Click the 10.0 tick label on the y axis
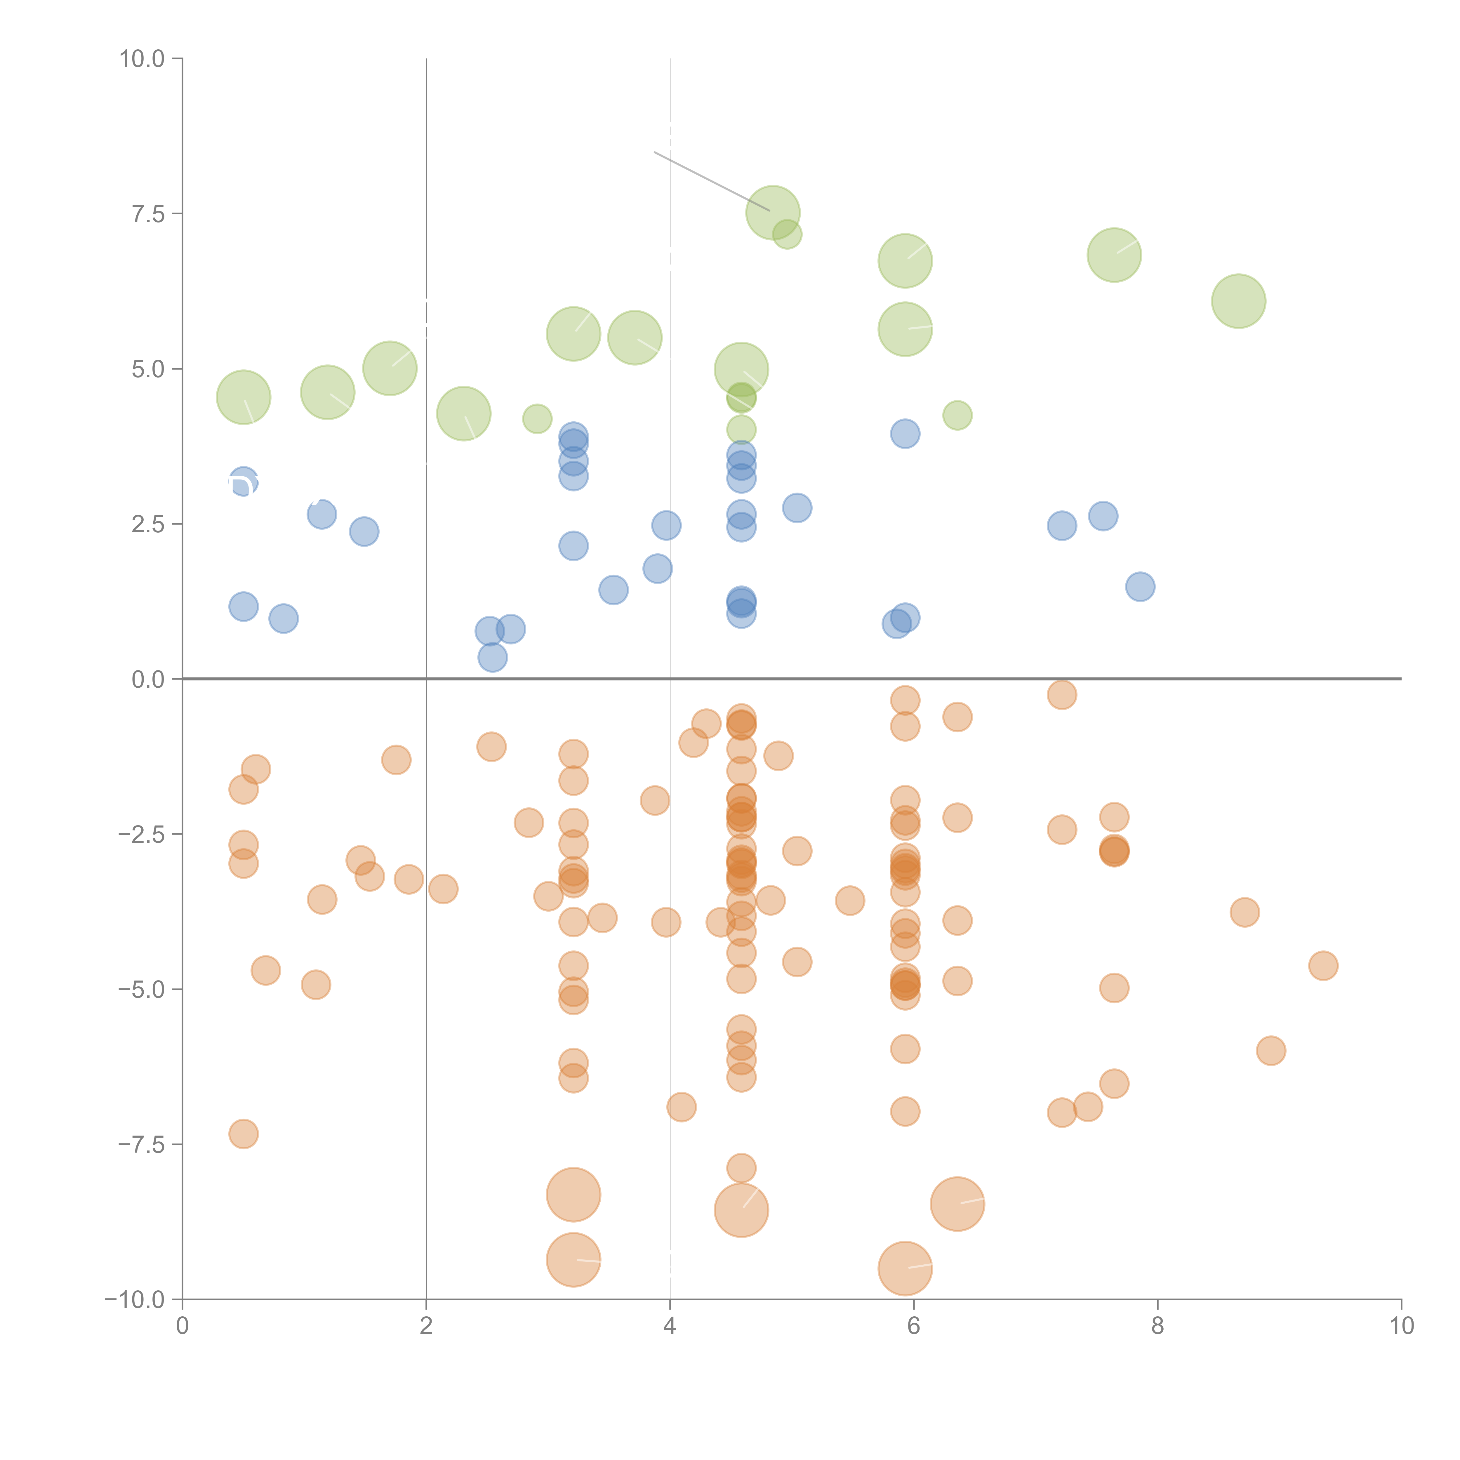pyautogui.click(x=142, y=59)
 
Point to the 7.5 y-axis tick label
pyautogui.click(x=148, y=214)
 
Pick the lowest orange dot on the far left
pyautogui.click(x=243, y=1134)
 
